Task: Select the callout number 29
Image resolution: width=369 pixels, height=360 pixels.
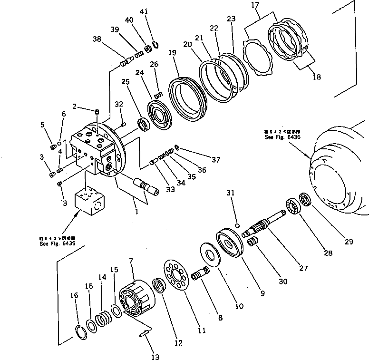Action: point(349,242)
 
